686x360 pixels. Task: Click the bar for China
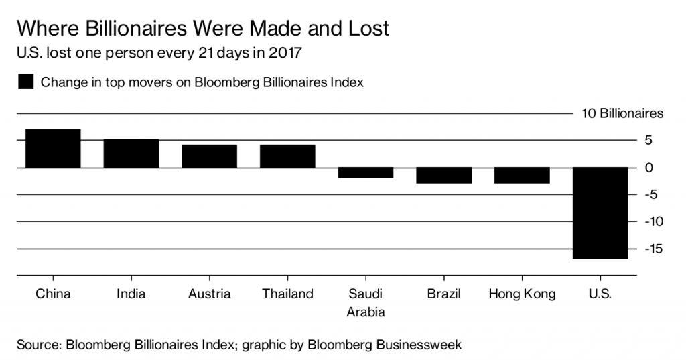(x=53, y=148)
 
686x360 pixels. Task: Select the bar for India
(x=131, y=154)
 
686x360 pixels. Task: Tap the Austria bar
(x=209, y=156)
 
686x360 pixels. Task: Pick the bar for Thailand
(x=287, y=156)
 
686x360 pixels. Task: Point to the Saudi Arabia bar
(x=366, y=172)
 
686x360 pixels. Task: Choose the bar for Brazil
(x=443, y=175)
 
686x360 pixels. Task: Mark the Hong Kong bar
(x=522, y=175)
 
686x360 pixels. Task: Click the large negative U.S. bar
(x=600, y=213)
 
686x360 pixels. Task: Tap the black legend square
(x=25, y=82)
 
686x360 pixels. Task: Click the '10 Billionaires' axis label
(x=622, y=113)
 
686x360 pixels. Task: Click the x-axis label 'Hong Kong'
(x=522, y=294)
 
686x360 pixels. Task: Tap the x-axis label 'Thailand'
(x=287, y=294)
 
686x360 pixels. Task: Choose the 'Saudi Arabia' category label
(x=366, y=303)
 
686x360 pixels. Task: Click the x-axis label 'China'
(x=53, y=294)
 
